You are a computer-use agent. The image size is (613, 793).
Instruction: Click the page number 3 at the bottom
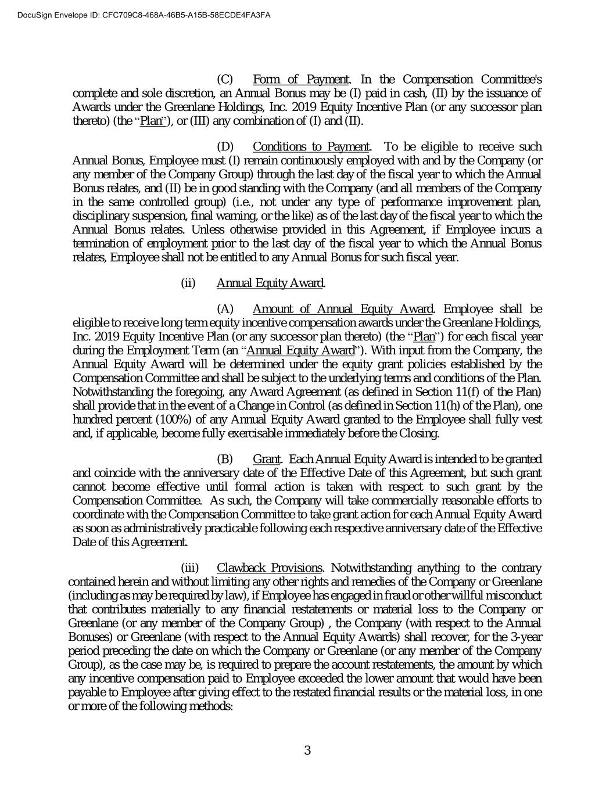click(x=307, y=750)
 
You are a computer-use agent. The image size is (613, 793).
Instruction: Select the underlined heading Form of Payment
click(x=301, y=80)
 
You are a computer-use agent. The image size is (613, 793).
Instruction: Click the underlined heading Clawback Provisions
click(x=269, y=568)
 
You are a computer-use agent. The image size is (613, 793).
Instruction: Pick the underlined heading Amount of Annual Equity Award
click(x=343, y=308)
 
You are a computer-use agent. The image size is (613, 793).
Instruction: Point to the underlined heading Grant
click(x=267, y=460)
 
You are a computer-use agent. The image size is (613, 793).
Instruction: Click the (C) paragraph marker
click(x=225, y=80)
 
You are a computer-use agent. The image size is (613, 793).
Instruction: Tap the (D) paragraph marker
click(x=225, y=147)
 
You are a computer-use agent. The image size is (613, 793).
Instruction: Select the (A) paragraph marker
click(x=225, y=308)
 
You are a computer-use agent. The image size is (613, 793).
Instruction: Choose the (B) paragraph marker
click(x=225, y=460)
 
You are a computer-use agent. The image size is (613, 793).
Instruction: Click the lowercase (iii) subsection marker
click(x=189, y=568)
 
